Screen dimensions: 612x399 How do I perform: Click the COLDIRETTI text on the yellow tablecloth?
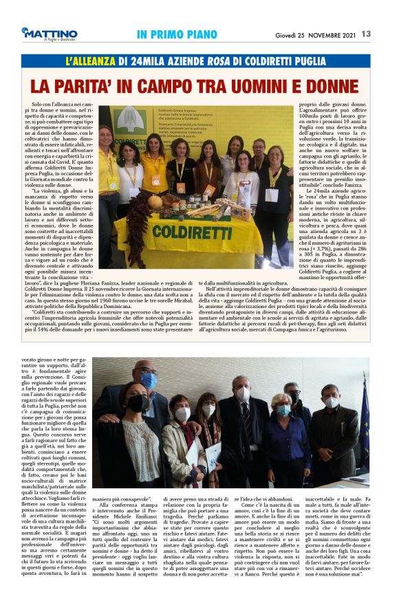pyautogui.click(x=193, y=241)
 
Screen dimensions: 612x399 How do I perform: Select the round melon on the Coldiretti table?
pyautogui.click(x=156, y=202)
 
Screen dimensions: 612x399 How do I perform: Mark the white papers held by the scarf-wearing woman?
pyautogui.click(x=196, y=454)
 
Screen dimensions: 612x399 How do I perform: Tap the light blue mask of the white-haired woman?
pyautogui.click(x=283, y=411)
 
